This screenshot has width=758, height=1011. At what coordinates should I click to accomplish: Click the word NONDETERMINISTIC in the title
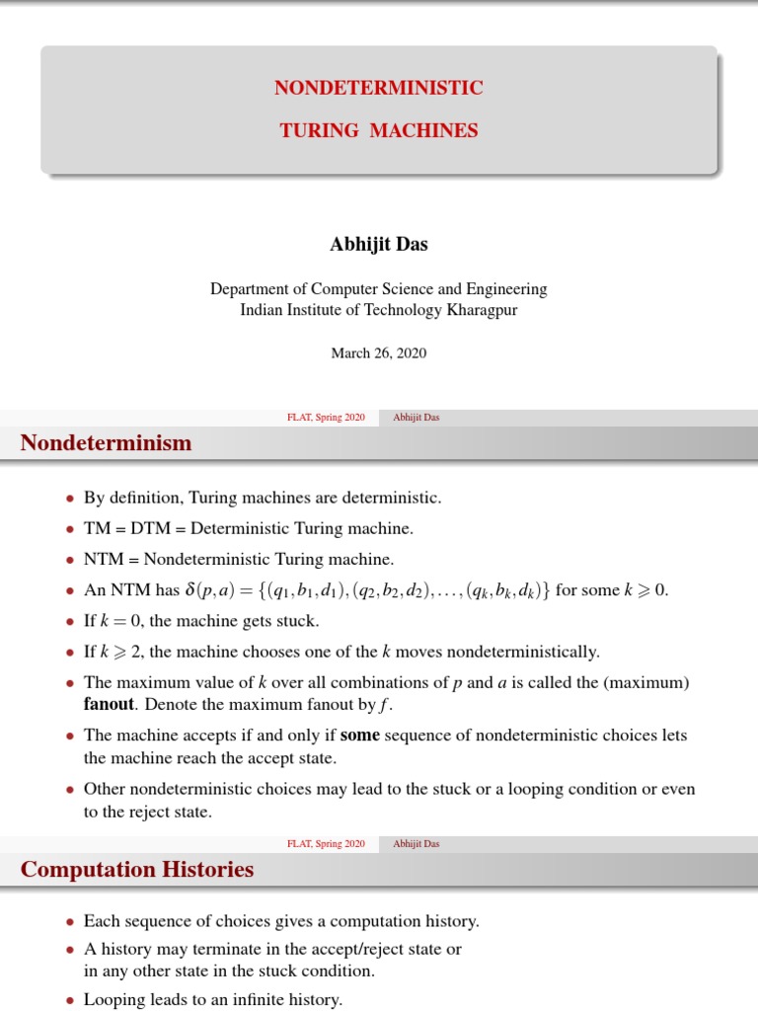coord(379,88)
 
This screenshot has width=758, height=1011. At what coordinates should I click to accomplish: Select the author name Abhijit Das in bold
coord(378,245)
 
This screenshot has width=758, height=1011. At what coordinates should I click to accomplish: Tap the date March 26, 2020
coord(378,352)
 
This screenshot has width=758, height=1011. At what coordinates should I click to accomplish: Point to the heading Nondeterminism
coord(107,443)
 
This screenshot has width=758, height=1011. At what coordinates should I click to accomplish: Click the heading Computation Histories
coord(137,869)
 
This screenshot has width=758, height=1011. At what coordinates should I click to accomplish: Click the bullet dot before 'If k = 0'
coord(69,623)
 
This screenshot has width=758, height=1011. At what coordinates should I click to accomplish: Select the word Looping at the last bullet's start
coord(114,999)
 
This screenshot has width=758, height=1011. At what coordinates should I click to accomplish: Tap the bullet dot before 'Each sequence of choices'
coord(69,922)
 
